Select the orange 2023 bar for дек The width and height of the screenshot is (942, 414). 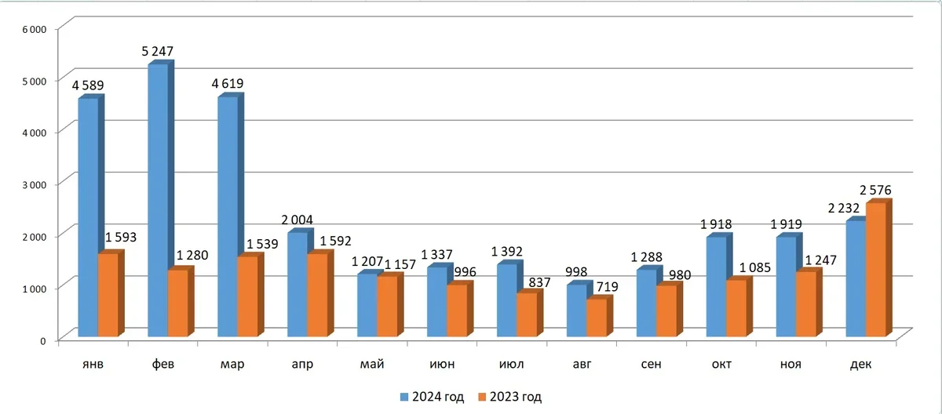(x=875, y=271)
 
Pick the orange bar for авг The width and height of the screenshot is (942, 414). (x=597, y=318)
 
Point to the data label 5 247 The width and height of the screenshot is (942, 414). (x=157, y=52)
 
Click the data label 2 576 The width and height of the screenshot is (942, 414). (x=876, y=190)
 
